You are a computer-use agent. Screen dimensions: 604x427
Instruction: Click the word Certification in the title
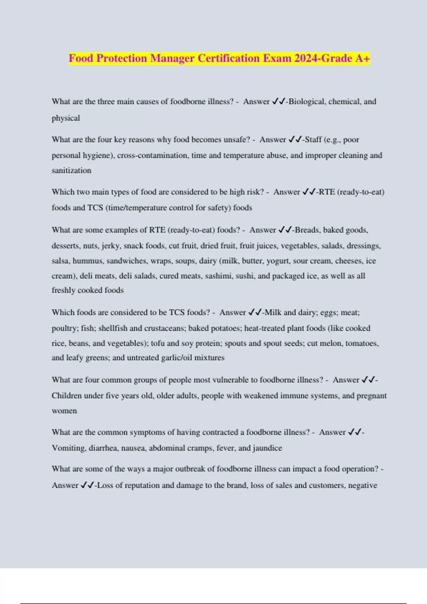click(229, 58)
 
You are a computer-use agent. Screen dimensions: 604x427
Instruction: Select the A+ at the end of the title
click(363, 58)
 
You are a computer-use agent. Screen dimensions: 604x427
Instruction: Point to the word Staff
click(313, 140)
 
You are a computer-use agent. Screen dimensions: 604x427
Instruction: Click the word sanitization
click(72, 171)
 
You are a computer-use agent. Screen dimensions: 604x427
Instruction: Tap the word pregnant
click(371, 396)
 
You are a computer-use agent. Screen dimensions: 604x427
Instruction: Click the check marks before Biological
click(279, 102)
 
